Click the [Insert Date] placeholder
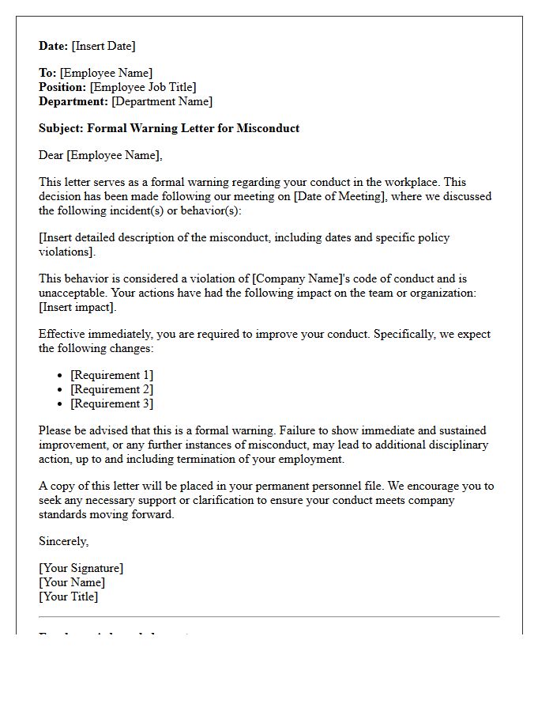point(103,46)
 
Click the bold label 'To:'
point(47,73)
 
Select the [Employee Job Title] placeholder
point(143,87)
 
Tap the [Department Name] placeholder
point(162,101)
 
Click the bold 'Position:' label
point(62,87)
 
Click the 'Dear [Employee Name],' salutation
point(100,155)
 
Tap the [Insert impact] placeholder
point(77,307)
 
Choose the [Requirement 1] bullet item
point(111,375)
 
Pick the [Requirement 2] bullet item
point(111,389)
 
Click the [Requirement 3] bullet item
point(111,403)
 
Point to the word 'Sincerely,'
point(64,541)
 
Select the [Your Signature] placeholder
point(81,568)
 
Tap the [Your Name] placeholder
point(72,582)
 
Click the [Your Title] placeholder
point(69,596)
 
